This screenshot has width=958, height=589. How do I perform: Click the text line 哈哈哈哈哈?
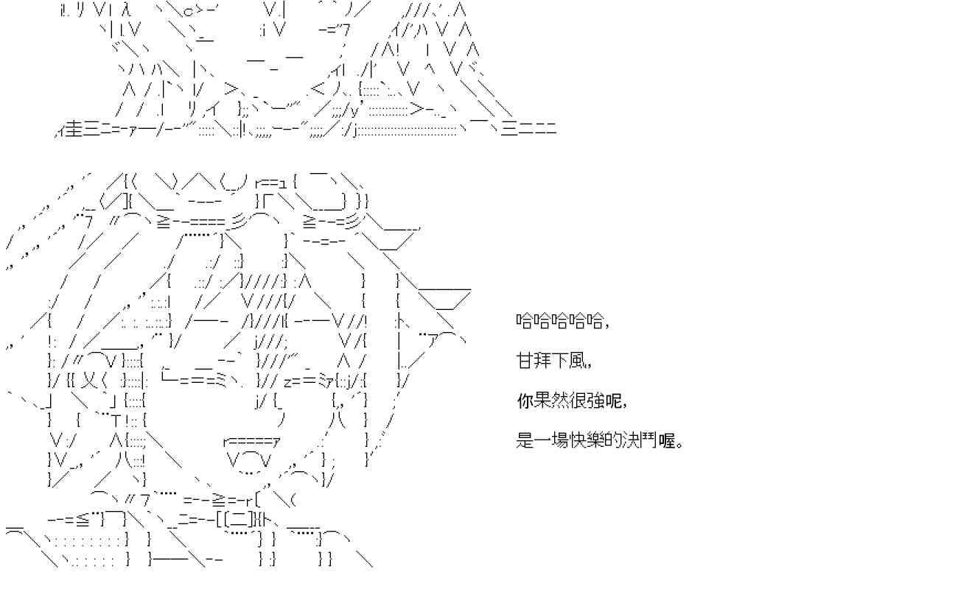(x=559, y=321)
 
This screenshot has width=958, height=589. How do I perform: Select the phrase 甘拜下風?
(x=550, y=361)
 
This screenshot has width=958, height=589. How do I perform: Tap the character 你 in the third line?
(x=525, y=402)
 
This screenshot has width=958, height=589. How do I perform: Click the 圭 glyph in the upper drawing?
(x=73, y=130)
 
